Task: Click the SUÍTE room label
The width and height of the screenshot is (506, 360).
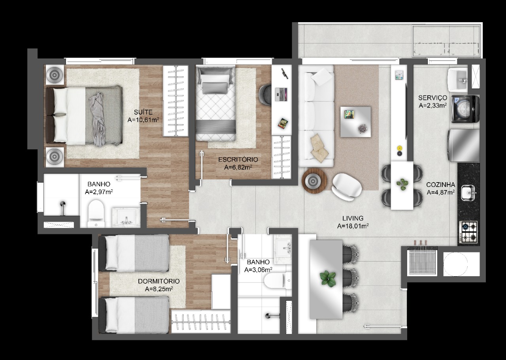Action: click(x=143, y=112)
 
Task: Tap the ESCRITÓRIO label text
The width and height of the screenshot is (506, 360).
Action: click(x=238, y=160)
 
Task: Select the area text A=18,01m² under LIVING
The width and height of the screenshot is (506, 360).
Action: click(x=353, y=226)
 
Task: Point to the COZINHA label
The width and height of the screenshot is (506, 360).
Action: click(x=440, y=185)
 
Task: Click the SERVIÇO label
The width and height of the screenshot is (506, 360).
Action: click(x=432, y=98)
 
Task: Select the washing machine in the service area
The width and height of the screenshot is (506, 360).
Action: click(x=466, y=109)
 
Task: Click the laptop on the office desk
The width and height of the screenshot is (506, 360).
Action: click(x=281, y=94)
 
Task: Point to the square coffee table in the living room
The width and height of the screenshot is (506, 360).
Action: click(x=355, y=122)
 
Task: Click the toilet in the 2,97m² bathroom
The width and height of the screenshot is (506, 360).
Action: click(x=96, y=214)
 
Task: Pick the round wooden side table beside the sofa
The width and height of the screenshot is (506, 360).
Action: click(x=314, y=180)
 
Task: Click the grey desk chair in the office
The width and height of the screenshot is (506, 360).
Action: click(x=265, y=94)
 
